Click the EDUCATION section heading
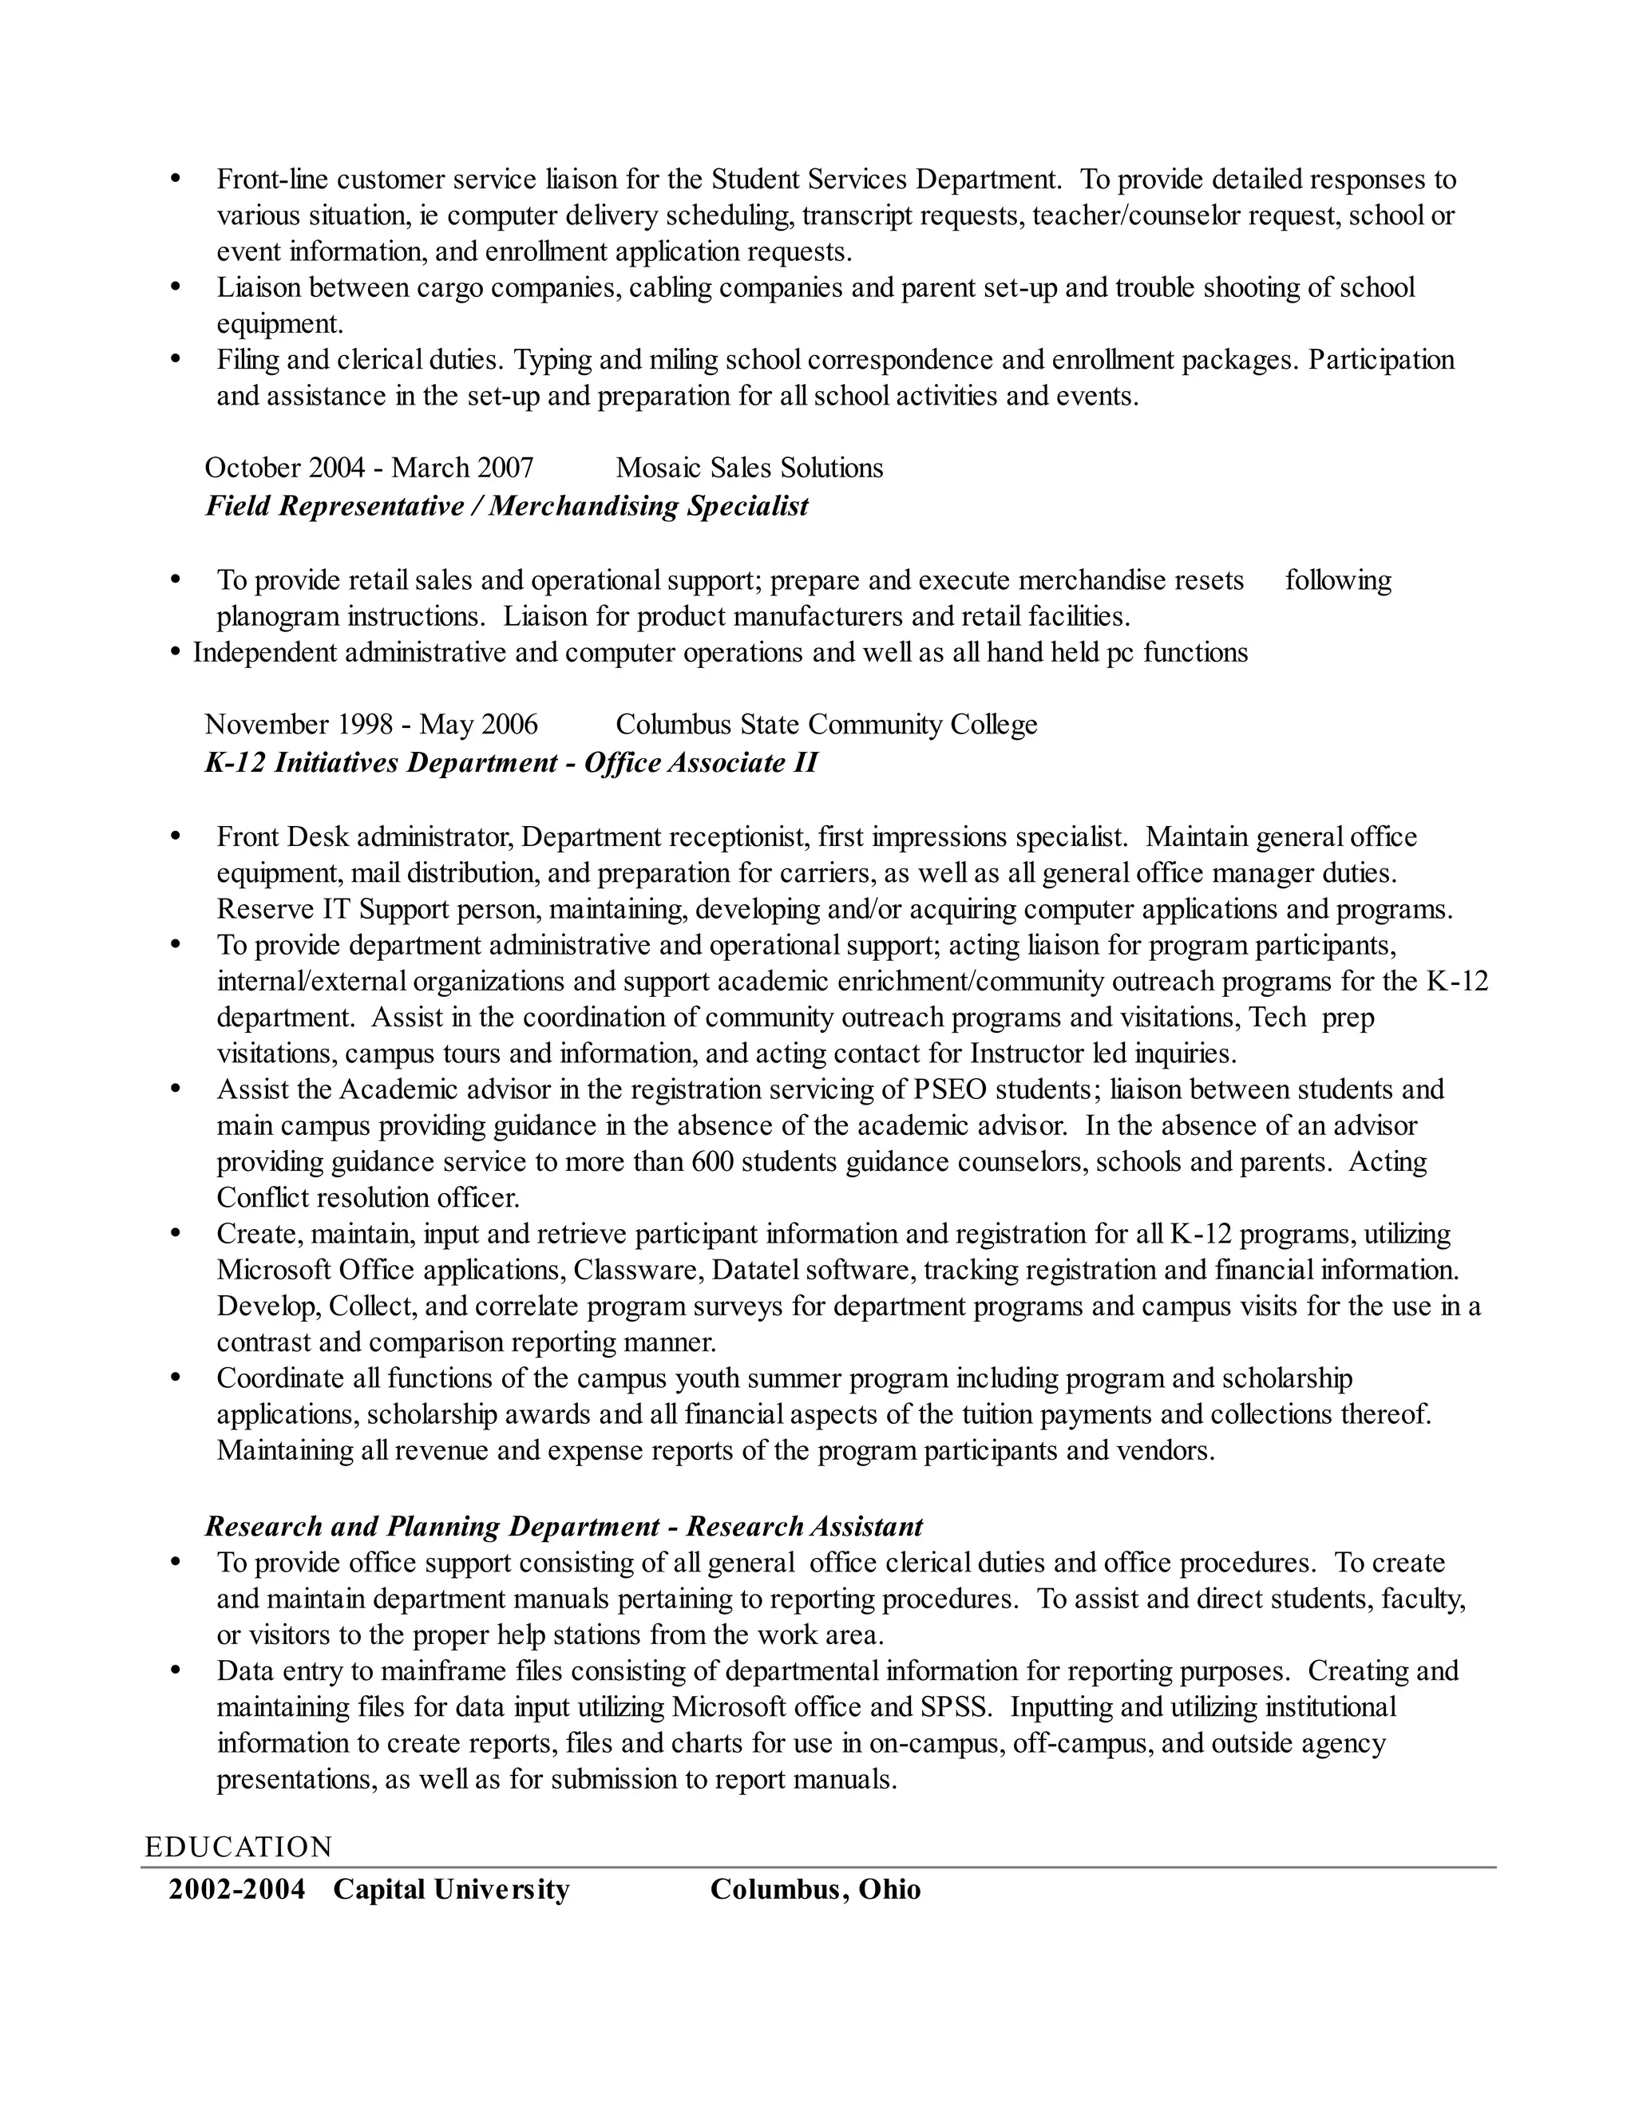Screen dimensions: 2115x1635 (238, 1847)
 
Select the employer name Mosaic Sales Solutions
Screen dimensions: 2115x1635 (749, 468)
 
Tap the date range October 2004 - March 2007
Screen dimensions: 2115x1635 (369, 468)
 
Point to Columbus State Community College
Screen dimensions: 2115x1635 (826, 725)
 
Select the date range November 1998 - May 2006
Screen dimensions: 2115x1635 (371, 725)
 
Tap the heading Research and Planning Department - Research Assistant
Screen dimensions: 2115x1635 (564, 1527)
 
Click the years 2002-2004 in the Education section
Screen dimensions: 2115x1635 (237, 1889)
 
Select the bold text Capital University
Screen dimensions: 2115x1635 (451, 1889)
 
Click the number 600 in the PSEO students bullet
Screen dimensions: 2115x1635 (713, 1162)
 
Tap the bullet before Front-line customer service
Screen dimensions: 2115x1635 (176, 179)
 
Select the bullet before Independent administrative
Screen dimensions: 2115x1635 (176, 654)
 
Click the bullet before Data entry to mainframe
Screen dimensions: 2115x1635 (176, 1670)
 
